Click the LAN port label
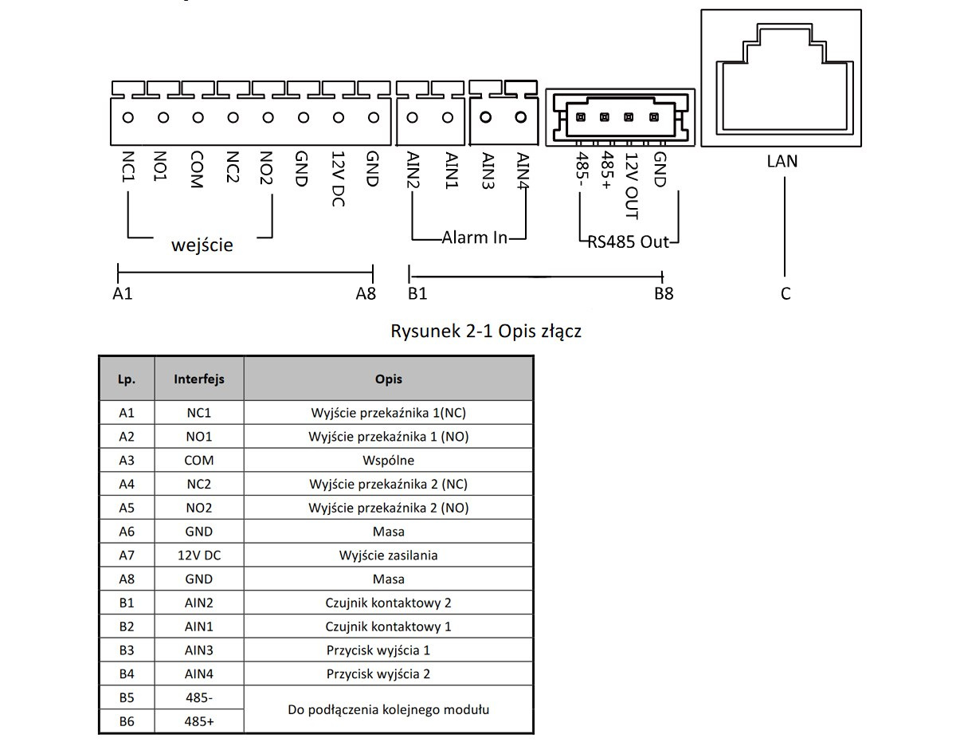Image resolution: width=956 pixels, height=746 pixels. (782, 161)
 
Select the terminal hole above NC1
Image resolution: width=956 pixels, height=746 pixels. (128, 118)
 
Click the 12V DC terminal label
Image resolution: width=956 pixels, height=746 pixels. (338, 179)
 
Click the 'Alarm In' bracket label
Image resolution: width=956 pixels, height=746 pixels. (475, 238)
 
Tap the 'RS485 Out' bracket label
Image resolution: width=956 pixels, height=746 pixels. (628, 241)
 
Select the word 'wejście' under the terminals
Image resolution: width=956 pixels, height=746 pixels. (202, 245)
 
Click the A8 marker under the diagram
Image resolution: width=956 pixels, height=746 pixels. (366, 293)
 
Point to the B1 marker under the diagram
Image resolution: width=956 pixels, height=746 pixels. (417, 293)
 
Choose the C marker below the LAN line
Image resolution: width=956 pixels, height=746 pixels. (786, 293)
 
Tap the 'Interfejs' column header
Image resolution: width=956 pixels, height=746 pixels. (199, 379)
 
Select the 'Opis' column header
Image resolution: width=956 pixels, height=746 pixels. (389, 379)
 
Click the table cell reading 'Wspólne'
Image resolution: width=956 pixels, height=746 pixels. (389, 460)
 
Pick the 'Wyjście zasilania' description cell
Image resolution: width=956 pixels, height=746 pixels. (389, 556)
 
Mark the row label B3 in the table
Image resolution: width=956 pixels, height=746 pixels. (127, 650)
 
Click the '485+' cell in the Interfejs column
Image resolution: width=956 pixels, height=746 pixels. (199, 721)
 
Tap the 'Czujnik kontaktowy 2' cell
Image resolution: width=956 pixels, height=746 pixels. (389, 603)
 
